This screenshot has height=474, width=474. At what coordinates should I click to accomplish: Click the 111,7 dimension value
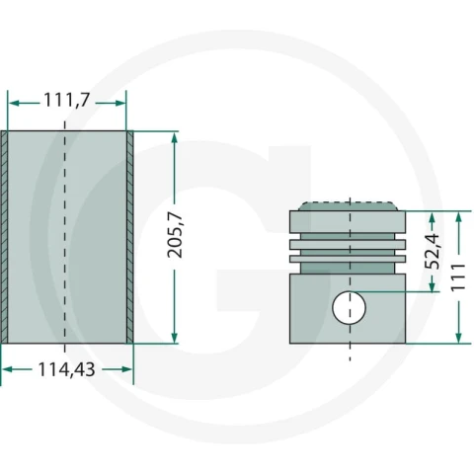[66, 100]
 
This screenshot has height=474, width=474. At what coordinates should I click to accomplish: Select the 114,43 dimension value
[67, 369]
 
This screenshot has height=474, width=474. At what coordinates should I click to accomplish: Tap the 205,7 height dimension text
[175, 235]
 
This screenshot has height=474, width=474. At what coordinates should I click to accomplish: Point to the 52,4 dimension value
[433, 251]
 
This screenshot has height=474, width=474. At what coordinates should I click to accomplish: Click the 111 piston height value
[458, 277]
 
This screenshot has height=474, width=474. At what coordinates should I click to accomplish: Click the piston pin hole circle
[349, 308]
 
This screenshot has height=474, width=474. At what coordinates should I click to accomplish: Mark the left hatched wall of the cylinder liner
[4, 237]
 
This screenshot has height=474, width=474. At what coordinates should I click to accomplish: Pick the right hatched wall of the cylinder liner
[130, 237]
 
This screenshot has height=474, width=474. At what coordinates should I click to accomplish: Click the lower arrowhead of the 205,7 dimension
[175, 338]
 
